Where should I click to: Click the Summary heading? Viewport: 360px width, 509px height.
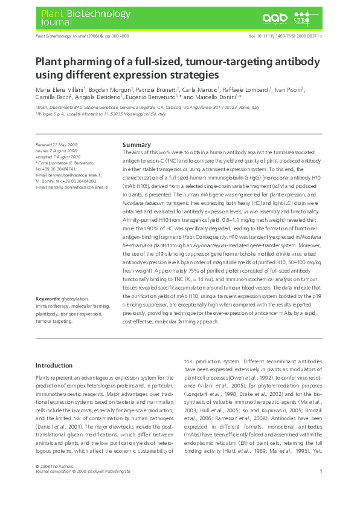pyautogui.click(x=137, y=145)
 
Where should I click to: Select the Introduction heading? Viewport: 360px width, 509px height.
pyautogui.click(x=54, y=365)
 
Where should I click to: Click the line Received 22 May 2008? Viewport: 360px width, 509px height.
pyautogui.click(x=57, y=146)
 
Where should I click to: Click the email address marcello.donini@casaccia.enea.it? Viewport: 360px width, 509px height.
pyautogui.click(x=72, y=187)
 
